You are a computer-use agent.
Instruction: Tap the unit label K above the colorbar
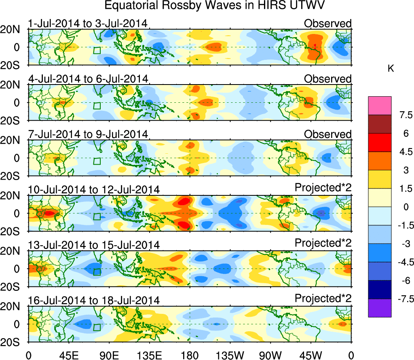pos(391,69)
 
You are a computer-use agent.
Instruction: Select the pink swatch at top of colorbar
pos(380,106)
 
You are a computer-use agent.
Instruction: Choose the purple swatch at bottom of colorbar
pos(380,308)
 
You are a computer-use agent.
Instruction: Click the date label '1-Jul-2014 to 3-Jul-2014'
pos(87,23)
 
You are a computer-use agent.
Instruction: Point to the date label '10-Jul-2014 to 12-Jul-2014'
pos(94,189)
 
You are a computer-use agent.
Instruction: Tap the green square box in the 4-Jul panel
pos(97,106)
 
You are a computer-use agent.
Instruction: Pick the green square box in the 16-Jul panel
pos(97,327)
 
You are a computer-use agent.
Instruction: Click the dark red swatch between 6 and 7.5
pos(380,124)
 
